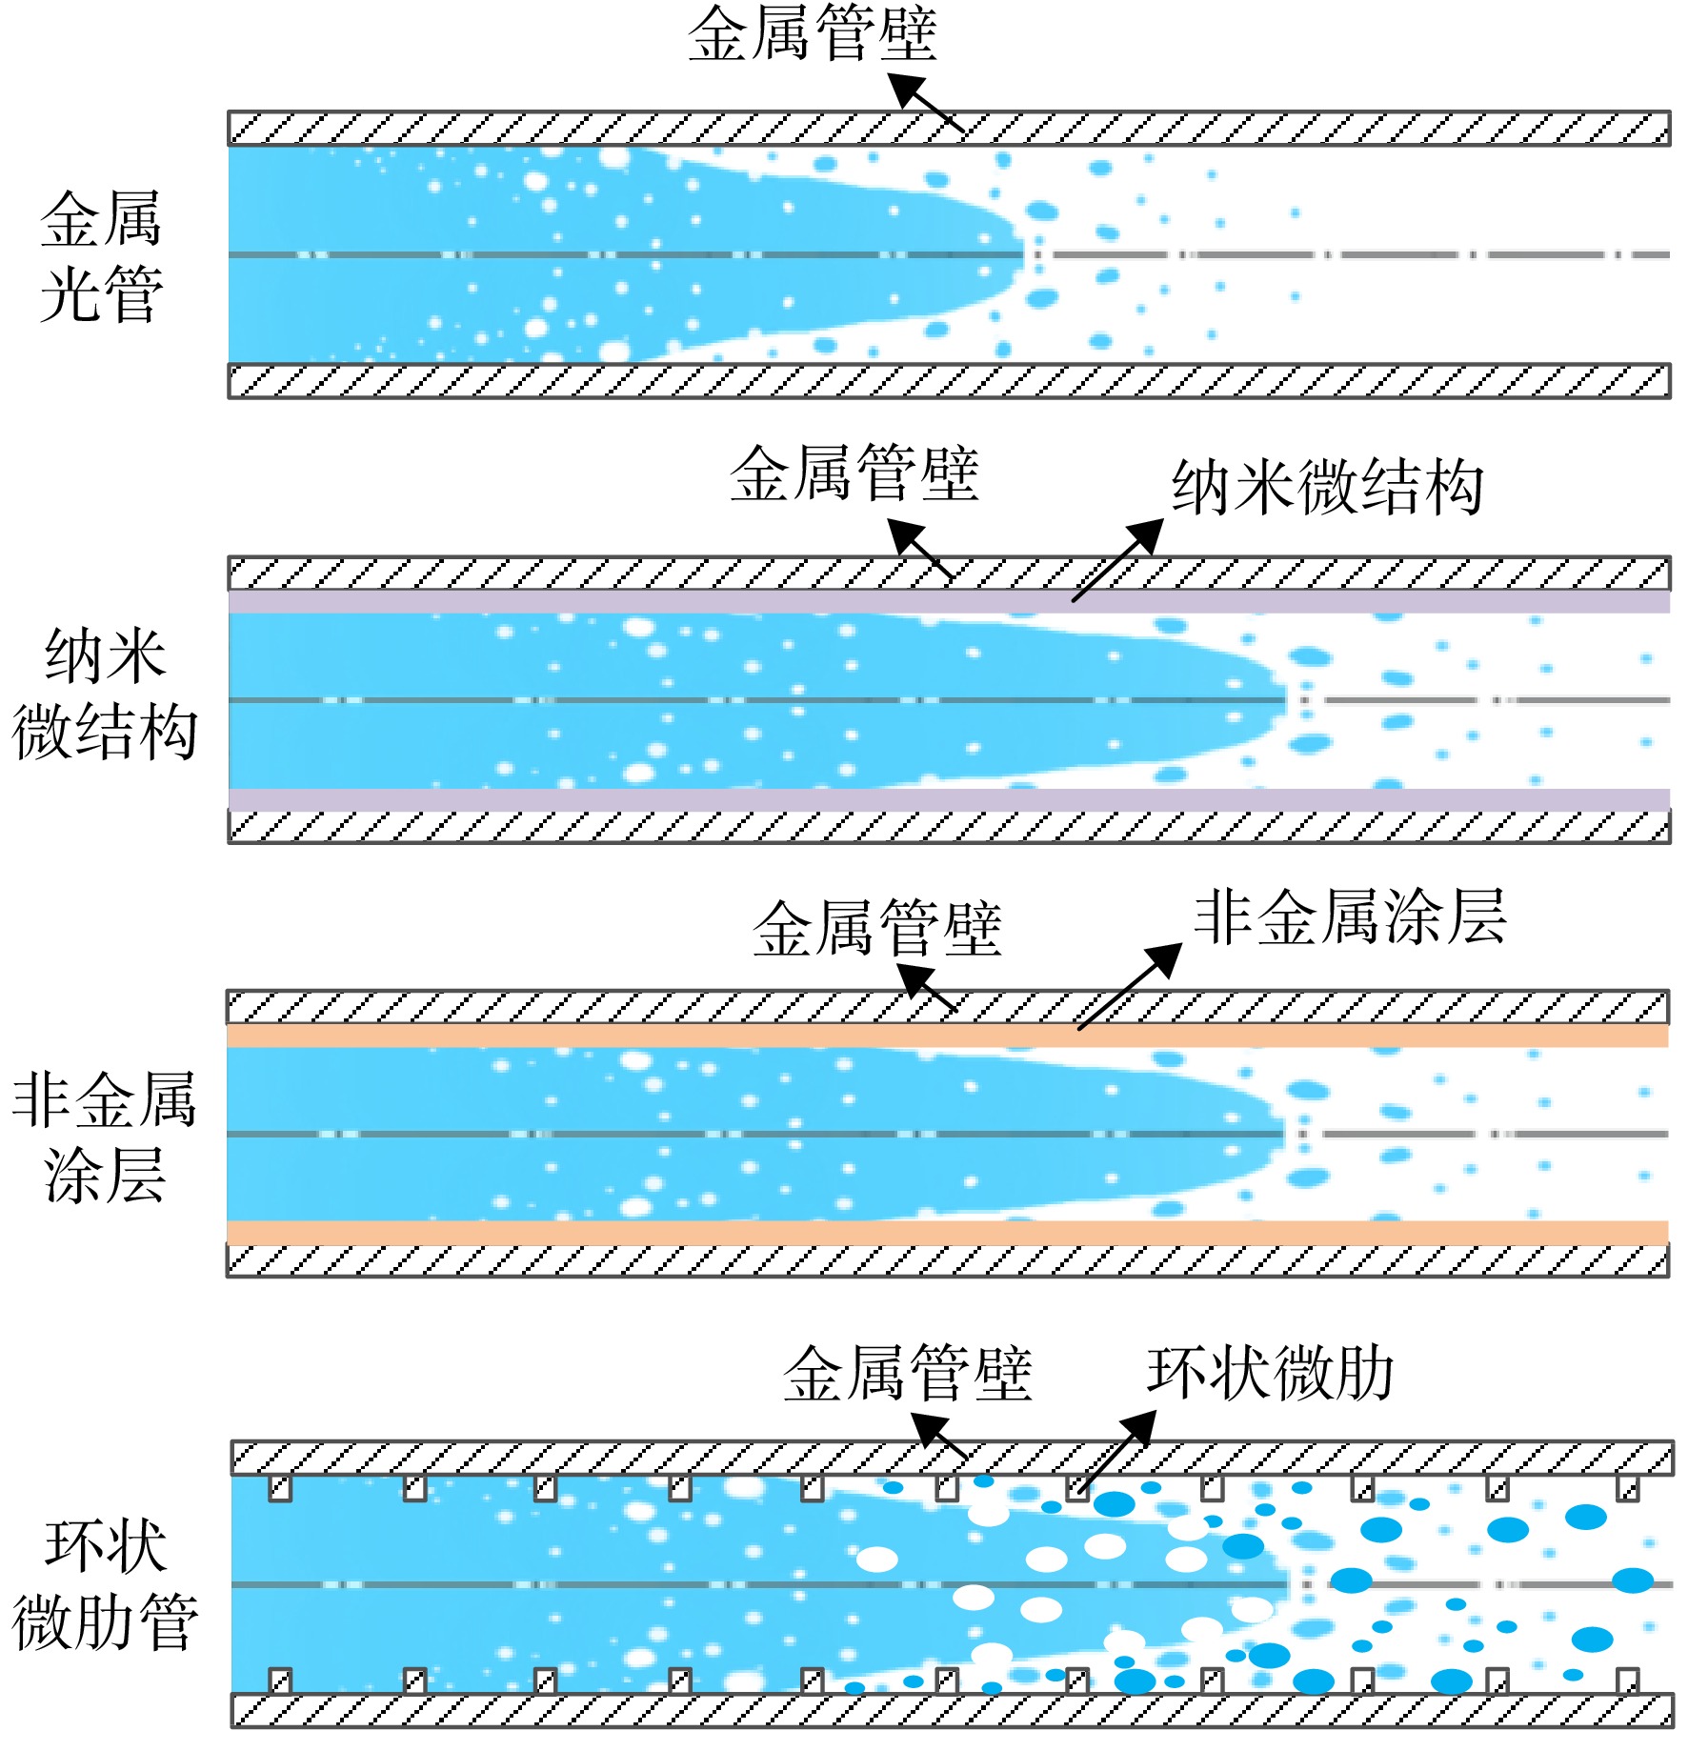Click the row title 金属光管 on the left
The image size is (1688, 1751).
(x=101, y=256)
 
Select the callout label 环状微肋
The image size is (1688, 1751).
(x=1271, y=1373)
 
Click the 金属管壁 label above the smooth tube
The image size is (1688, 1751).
(x=813, y=34)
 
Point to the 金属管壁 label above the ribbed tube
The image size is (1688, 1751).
(x=908, y=1373)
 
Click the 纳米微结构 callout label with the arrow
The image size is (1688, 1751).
(x=1327, y=487)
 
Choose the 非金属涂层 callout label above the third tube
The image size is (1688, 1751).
(x=1350, y=917)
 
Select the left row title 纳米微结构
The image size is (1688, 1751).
(x=105, y=694)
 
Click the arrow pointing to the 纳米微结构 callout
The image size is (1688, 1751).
(x=1117, y=560)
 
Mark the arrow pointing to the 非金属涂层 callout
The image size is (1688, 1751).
(x=1130, y=987)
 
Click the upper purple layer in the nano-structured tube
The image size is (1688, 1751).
(x=949, y=601)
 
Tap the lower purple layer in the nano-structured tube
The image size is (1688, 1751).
(x=949, y=799)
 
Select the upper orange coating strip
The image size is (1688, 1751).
(x=948, y=1036)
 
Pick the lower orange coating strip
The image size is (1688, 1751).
(x=948, y=1233)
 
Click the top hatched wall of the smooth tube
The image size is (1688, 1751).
(x=949, y=129)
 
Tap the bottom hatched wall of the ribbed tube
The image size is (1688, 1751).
(x=953, y=1710)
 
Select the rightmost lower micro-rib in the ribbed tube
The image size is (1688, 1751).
(x=1628, y=1681)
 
